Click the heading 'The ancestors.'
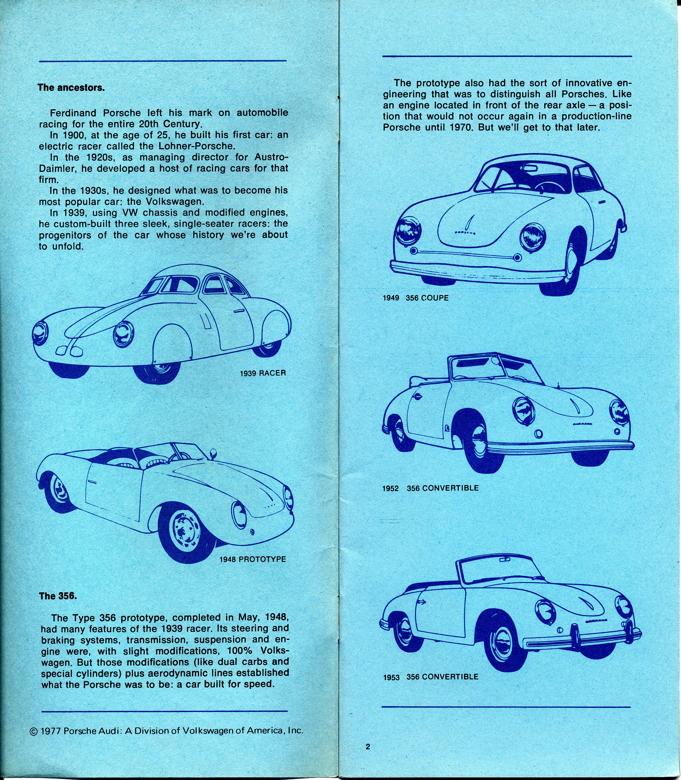coord(71,88)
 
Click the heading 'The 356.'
coord(58,596)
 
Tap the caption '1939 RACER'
coord(263,373)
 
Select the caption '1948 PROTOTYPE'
coord(253,559)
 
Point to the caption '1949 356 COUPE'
coord(415,298)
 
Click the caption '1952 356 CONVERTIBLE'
coord(430,488)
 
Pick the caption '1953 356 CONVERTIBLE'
coord(430,677)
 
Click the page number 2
coord(368,747)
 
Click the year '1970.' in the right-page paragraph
coord(461,128)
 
